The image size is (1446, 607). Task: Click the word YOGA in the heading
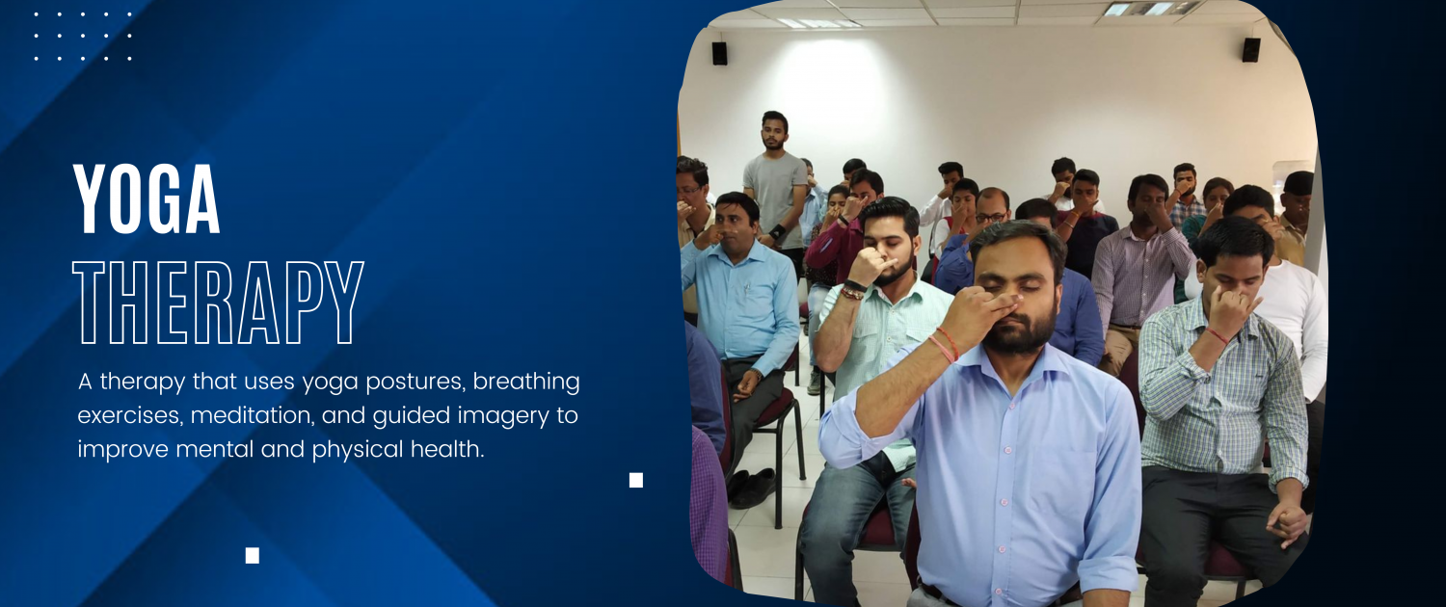click(147, 199)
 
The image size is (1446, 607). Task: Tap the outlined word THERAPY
click(218, 303)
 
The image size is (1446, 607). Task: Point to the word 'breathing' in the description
click(526, 382)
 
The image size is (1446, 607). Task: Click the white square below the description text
click(253, 555)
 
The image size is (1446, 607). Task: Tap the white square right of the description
click(636, 480)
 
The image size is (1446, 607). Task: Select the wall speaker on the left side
click(719, 54)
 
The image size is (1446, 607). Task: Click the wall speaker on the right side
click(1251, 50)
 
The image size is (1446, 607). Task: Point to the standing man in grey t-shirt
click(775, 187)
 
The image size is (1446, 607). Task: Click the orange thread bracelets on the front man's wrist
click(944, 345)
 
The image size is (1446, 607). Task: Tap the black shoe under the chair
click(752, 488)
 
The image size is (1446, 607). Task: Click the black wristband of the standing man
click(777, 231)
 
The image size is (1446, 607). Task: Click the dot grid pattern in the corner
click(83, 36)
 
